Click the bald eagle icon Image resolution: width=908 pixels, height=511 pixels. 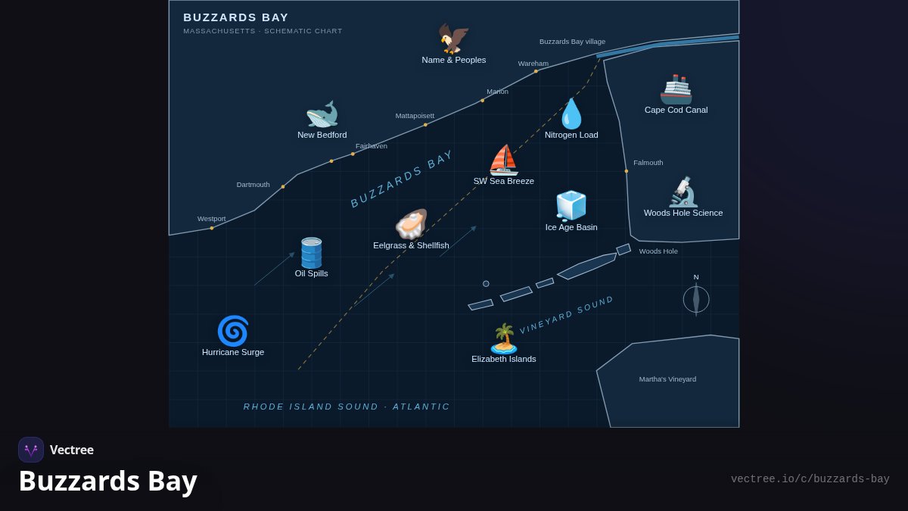pos(453,39)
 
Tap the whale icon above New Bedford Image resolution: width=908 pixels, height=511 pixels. pos(322,114)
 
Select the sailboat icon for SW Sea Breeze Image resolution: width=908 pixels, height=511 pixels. pos(503,160)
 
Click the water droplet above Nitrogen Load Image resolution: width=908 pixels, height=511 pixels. pos(571,114)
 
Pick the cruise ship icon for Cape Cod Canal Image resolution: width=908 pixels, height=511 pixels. pos(676,89)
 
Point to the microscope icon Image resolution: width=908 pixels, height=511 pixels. pos(683,192)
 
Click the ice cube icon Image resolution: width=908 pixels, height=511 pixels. pos(571,206)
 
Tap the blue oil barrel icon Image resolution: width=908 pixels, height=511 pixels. pos(311,253)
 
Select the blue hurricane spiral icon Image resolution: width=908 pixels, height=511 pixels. pos(233,331)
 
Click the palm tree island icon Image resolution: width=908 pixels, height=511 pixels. pos(504,338)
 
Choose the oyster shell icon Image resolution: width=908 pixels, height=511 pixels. pos(411,224)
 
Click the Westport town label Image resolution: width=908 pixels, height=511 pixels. pos(212,219)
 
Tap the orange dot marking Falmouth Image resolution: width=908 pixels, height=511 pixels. pos(627,171)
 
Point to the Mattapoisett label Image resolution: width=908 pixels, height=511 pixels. pos(415,116)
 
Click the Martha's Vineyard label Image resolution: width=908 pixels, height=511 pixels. pos(667,379)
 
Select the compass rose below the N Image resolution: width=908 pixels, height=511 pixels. pos(696,300)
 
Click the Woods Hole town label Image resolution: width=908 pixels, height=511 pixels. pos(658,251)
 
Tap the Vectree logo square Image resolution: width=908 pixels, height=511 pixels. pos(31,450)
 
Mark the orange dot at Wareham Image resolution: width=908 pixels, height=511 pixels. pos(536,71)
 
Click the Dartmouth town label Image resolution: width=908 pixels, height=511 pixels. pos(253,185)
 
